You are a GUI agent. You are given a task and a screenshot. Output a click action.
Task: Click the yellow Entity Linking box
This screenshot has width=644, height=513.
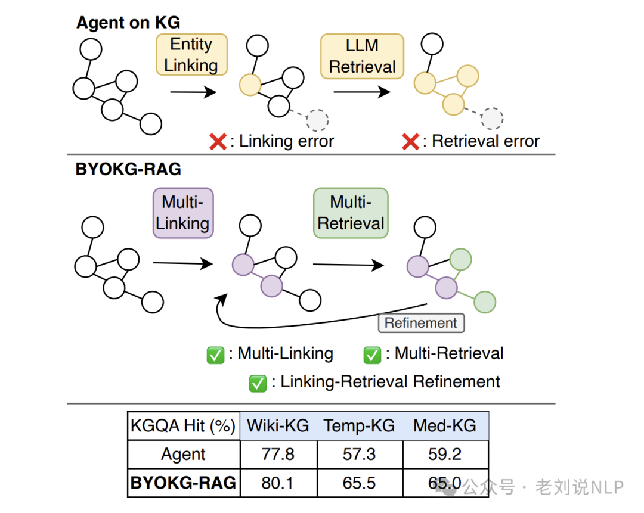click(x=191, y=55)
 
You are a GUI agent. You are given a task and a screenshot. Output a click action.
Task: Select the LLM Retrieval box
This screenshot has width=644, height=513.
click(x=362, y=56)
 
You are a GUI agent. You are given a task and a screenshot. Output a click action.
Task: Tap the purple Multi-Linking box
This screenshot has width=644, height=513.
click(x=183, y=213)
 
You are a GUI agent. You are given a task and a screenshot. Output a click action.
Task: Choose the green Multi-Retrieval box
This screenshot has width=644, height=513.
click(x=351, y=213)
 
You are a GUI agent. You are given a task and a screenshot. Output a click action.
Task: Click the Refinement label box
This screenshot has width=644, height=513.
click(x=421, y=323)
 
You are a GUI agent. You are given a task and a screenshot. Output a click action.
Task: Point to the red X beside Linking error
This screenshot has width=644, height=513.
click(x=218, y=142)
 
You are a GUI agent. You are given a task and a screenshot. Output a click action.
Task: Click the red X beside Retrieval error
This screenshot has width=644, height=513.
click(x=410, y=142)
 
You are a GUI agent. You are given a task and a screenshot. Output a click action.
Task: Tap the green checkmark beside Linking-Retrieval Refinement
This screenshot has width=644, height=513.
click(x=258, y=383)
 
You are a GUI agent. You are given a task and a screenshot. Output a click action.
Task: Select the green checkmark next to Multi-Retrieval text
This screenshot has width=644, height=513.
click(x=372, y=355)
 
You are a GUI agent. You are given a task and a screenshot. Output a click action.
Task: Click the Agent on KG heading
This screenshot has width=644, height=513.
click(x=128, y=23)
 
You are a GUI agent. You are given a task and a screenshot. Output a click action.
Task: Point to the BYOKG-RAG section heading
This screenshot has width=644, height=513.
click(x=128, y=169)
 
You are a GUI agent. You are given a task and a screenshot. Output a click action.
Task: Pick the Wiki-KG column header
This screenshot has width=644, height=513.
click(x=278, y=425)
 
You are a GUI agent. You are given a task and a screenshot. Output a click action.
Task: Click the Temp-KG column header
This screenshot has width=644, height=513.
click(x=359, y=425)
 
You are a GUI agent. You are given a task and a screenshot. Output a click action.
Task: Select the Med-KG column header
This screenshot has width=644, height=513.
click(x=445, y=425)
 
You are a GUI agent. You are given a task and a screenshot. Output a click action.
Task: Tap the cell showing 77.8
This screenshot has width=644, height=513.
click(x=278, y=455)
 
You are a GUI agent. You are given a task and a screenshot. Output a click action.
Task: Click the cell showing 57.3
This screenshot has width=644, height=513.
click(x=360, y=455)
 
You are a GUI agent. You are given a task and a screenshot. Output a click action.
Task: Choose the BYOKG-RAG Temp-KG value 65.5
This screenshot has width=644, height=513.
click(x=360, y=483)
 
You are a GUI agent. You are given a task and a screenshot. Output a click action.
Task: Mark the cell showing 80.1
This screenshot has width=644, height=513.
click(x=278, y=483)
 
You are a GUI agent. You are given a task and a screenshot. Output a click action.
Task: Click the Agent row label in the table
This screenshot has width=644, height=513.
click(x=183, y=455)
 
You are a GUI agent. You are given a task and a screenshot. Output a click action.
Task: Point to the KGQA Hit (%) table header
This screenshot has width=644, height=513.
click(x=183, y=425)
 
